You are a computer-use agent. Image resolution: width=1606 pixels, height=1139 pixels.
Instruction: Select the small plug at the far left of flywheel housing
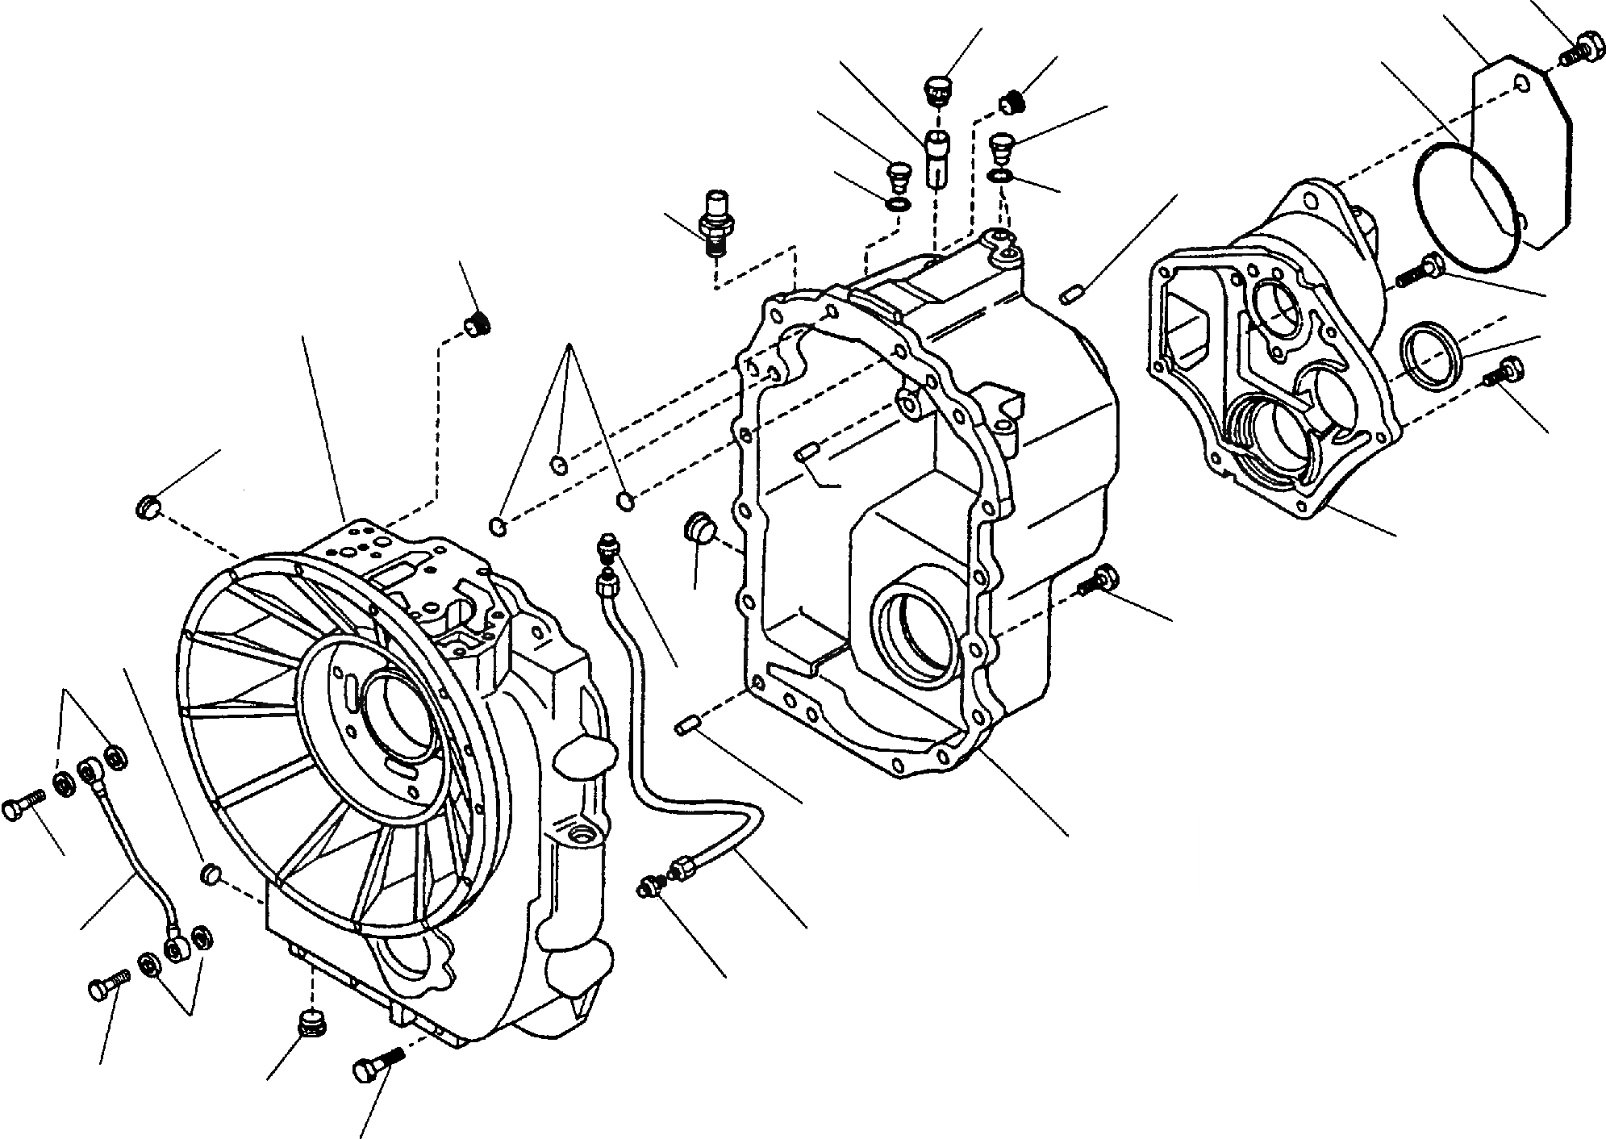click(145, 509)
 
